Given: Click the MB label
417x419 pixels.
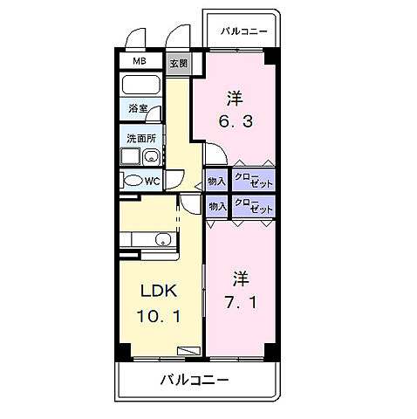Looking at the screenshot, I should tap(139, 62).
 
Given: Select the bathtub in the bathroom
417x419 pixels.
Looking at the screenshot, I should tap(140, 86).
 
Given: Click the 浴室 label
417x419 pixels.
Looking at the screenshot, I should tap(138, 110).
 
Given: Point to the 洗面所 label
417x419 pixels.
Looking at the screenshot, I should tap(140, 137).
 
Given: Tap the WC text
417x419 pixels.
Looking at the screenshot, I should tap(152, 181).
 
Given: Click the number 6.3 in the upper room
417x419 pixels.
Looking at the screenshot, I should tap(235, 121).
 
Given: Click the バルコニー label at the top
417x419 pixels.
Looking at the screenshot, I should tap(244, 31).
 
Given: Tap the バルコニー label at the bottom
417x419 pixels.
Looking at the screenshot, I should tap(194, 381).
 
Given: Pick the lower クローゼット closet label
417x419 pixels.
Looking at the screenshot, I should tap(253, 206).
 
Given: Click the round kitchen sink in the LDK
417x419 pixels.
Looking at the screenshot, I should tap(162, 240).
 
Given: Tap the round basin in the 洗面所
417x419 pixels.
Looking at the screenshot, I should tap(151, 157).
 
